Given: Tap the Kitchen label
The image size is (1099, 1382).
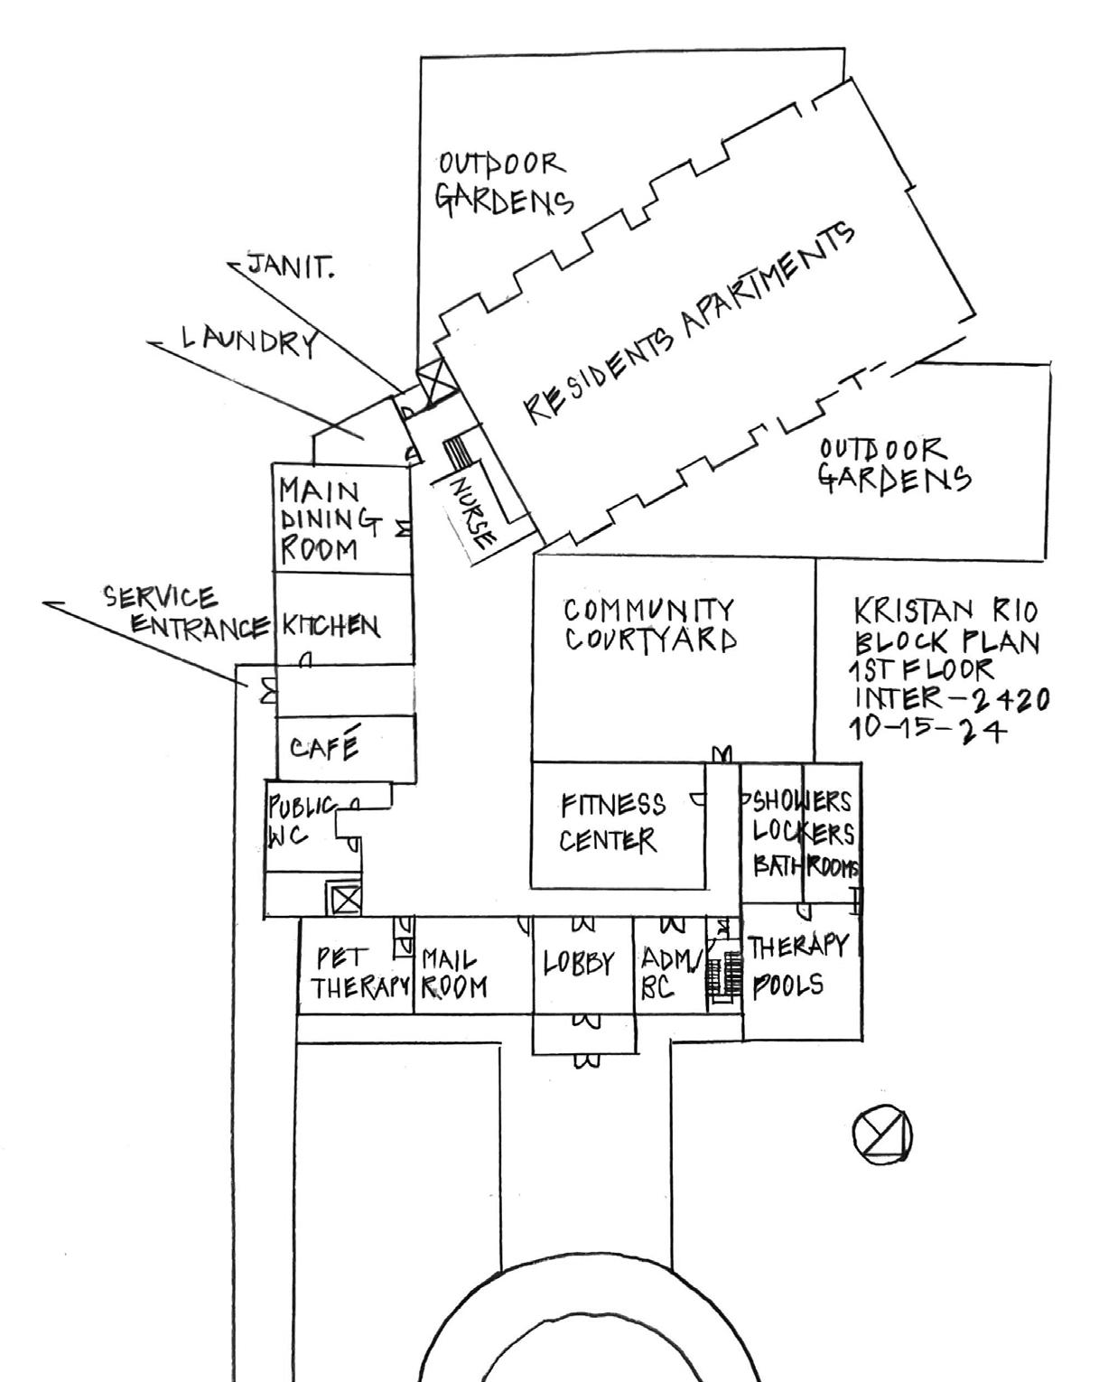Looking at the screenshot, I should coord(331,625).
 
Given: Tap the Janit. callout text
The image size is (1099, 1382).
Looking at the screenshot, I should coord(290,266).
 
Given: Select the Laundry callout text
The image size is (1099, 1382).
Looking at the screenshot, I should coord(249,341).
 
